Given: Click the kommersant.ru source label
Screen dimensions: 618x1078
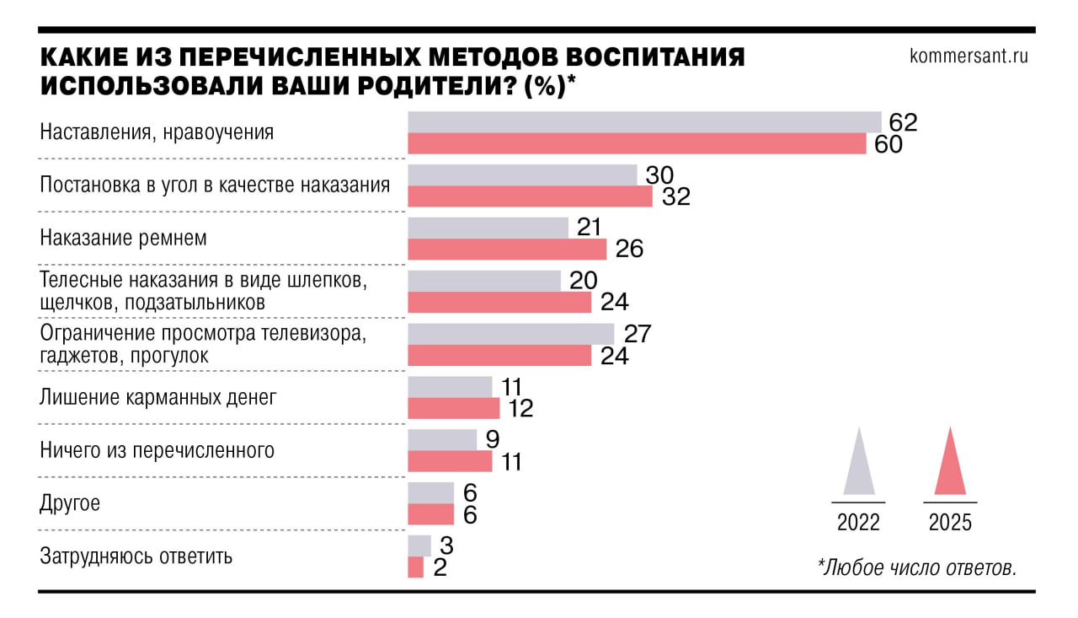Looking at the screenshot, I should click(969, 56).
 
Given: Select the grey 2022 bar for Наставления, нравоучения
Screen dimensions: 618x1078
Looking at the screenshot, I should click(644, 122).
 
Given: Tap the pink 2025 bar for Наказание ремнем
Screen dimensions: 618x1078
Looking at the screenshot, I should click(507, 249).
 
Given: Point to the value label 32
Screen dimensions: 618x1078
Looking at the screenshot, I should click(675, 196).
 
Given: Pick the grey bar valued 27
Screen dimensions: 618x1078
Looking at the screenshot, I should click(511, 334).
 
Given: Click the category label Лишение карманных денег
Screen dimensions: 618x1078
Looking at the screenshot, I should click(158, 397).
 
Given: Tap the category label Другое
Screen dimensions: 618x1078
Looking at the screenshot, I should click(70, 503).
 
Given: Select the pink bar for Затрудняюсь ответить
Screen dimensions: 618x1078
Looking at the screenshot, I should click(415, 567).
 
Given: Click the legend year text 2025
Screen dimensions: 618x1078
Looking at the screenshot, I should click(950, 523).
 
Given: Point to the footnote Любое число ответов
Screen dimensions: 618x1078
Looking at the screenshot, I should click(916, 567).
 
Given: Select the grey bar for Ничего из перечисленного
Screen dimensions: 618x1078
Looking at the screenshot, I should click(442, 440).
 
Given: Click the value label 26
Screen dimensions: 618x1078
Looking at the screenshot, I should click(629, 250).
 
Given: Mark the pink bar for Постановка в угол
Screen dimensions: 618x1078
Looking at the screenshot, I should click(530, 196).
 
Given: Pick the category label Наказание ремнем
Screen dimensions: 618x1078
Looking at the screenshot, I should click(124, 239).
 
